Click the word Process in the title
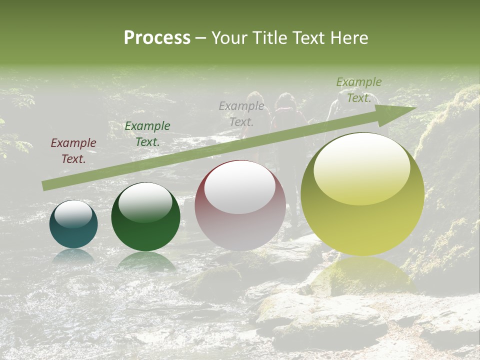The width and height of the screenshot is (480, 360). [157, 38]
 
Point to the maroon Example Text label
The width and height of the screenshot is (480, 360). [73, 151]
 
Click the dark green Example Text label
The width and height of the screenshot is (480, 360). [147, 134]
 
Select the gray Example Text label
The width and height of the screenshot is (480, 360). [241, 113]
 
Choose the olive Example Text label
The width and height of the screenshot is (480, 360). [358, 90]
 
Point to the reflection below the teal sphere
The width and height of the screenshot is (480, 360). [73, 256]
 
